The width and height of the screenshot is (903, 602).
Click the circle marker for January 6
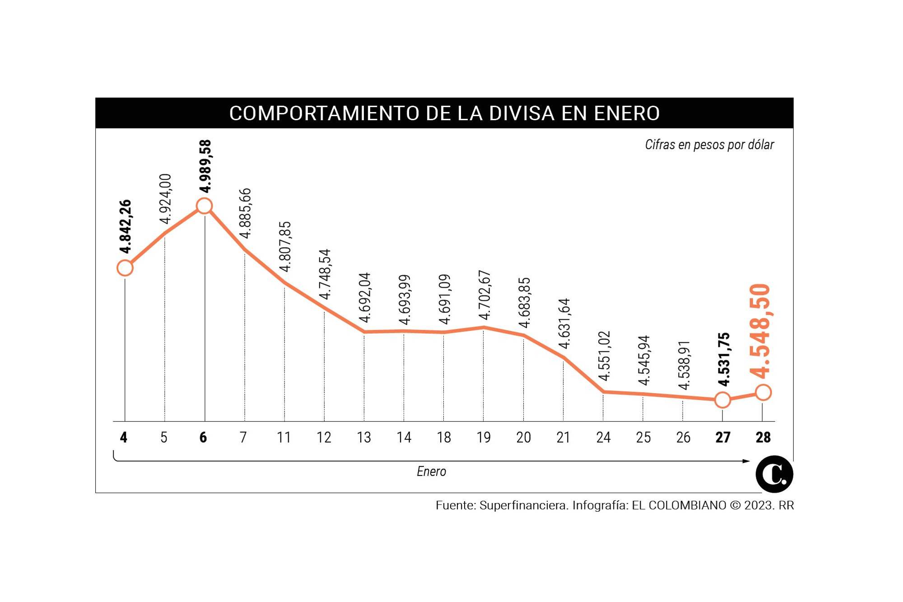click(204, 206)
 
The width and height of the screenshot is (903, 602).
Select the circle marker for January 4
click(125, 268)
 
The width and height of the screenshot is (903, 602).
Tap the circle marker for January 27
click(722, 400)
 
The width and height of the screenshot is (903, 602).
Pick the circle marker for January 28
click(763, 392)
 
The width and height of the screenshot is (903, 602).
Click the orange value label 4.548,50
click(760, 331)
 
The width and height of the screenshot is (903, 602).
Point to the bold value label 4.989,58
click(205, 166)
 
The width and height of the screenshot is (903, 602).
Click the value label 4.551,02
click(604, 356)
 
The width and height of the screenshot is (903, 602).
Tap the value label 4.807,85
click(285, 247)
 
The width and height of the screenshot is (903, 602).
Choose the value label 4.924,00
click(165, 199)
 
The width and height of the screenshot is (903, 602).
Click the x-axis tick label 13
click(364, 437)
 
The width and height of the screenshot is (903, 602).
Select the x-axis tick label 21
click(563, 437)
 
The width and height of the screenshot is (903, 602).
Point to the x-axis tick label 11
click(284, 437)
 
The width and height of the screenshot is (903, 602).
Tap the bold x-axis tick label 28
click(763, 437)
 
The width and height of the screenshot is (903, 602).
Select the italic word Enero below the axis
click(431, 471)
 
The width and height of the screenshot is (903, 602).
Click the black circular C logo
click(774, 474)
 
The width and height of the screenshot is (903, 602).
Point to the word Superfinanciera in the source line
click(524, 505)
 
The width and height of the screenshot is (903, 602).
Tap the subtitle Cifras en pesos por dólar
click(709, 145)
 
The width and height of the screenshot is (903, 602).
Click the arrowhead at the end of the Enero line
click(746, 461)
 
